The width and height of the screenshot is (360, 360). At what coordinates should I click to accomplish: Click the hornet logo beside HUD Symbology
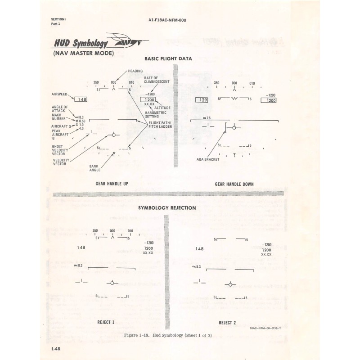click(x=129, y=42)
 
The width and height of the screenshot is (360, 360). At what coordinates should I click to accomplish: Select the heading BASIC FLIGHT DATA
click(x=168, y=59)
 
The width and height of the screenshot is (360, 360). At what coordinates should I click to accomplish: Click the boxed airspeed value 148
click(x=81, y=99)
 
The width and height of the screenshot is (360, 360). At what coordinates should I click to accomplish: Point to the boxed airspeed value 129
click(x=202, y=99)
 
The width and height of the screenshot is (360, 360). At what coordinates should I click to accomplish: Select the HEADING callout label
click(x=135, y=71)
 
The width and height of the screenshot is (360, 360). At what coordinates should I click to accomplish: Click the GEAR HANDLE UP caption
click(x=112, y=184)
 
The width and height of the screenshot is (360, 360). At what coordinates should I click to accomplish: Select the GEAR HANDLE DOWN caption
click(x=234, y=184)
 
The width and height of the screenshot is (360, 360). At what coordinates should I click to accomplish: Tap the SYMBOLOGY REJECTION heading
click(x=167, y=207)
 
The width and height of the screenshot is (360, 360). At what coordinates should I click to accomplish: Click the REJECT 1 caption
click(x=106, y=322)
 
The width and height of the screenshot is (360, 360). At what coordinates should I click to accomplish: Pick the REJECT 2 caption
click(x=227, y=322)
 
